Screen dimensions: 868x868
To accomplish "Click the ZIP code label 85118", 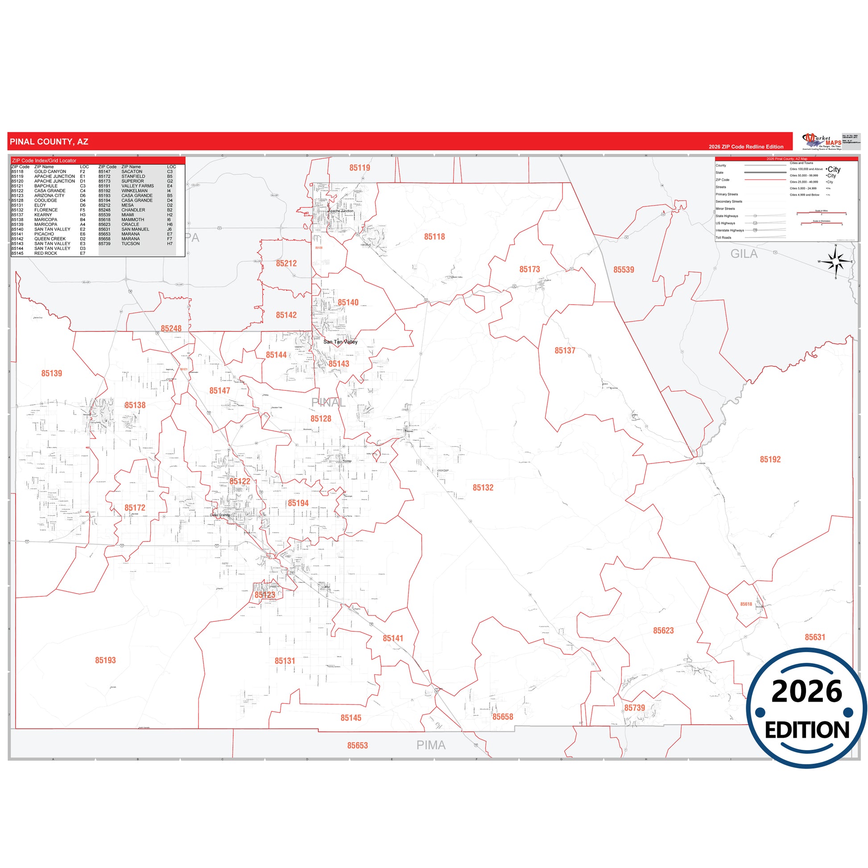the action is [x=434, y=237].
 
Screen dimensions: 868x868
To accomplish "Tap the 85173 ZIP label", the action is [x=529, y=269].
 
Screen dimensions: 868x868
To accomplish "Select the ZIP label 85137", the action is [x=564, y=351].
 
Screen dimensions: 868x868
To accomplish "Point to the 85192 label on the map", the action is [x=770, y=459].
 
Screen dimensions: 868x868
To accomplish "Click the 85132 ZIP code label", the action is [x=483, y=488].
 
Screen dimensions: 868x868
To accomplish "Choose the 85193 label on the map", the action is [x=105, y=661].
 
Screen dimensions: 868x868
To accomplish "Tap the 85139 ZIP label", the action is [x=52, y=374].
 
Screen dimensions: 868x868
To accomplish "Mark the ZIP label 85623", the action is [x=663, y=631].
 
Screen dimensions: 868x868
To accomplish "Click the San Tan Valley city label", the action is [x=340, y=342].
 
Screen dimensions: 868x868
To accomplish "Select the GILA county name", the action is [x=744, y=254].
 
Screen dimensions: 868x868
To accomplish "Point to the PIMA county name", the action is [x=430, y=745].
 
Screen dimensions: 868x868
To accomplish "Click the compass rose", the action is [x=835, y=262].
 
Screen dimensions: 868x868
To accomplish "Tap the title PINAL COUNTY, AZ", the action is [x=49, y=142].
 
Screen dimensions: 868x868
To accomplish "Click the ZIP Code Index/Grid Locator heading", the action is [x=44, y=161].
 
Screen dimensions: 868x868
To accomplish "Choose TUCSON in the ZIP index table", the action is [x=130, y=244].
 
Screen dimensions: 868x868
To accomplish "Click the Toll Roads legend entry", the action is [x=723, y=238].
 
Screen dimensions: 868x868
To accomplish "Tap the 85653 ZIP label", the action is [x=357, y=746].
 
